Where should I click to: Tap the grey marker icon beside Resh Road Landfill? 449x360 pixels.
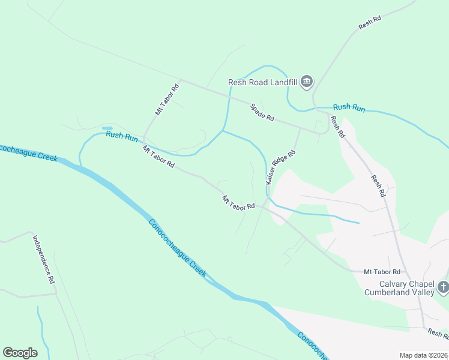click(x=307, y=81)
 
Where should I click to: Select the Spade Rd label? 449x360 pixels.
click(x=262, y=112)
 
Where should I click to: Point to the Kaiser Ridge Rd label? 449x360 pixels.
click(x=281, y=166)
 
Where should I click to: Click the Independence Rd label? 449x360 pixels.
click(x=43, y=259)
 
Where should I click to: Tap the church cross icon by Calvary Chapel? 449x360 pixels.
click(x=443, y=287)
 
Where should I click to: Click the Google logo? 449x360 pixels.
click(x=20, y=353)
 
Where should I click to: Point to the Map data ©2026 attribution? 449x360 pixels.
click(x=423, y=355)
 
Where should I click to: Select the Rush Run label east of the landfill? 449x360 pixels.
click(x=349, y=107)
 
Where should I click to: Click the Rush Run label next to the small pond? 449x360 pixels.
click(x=122, y=135)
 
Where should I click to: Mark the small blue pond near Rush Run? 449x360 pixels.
click(x=107, y=128)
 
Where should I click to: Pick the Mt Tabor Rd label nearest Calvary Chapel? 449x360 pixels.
click(x=382, y=272)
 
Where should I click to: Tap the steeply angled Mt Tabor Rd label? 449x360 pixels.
click(x=167, y=100)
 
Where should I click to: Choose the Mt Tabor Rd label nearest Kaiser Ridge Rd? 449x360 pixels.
click(x=238, y=202)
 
